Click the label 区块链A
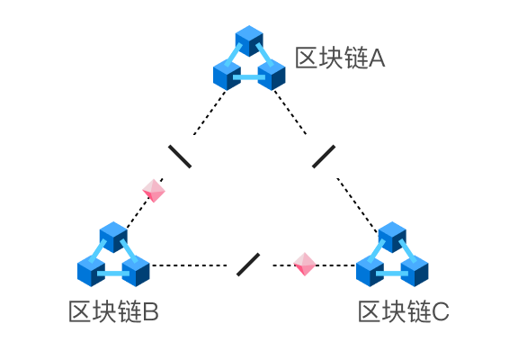pyautogui.click(x=340, y=58)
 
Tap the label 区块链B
pyautogui.click(x=113, y=311)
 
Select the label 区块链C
pyautogui.click(x=404, y=311)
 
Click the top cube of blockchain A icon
pyautogui.click(x=249, y=40)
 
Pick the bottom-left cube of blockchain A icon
pyautogui.click(x=227, y=75)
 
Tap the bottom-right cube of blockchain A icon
pyautogui.click(x=272, y=75)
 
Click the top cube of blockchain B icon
pyautogui.click(x=113, y=237)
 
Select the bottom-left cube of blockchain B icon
pyautogui.click(x=91, y=271)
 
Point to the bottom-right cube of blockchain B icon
pyautogui.click(x=136, y=271)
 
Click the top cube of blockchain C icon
pyautogui.click(x=392, y=237)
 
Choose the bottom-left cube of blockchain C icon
pyautogui.click(x=370, y=271)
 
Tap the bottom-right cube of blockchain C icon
pyautogui.click(x=415, y=271)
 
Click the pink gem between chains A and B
pyautogui.click(x=154, y=191)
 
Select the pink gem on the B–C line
pyautogui.click(x=305, y=264)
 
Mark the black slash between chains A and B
pyautogui.click(x=180, y=157)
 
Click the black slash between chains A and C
pyautogui.click(x=324, y=157)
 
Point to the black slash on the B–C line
pyautogui.click(x=248, y=265)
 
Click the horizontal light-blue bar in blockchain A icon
pyautogui.click(x=249, y=77)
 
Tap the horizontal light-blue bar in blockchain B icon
pyautogui.click(x=113, y=274)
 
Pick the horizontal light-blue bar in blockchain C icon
pyautogui.click(x=392, y=274)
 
